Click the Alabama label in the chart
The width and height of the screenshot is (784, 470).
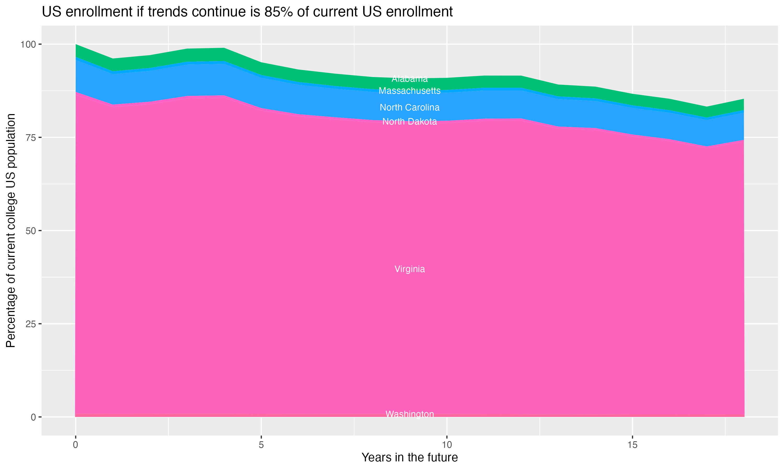pos(410,79)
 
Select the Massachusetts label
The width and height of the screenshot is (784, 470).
pos(410,91)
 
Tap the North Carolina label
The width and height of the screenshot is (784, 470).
pos(410,108)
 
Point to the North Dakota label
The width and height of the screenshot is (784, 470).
pos(410,122)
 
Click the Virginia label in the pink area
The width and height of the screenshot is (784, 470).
pos(410,269)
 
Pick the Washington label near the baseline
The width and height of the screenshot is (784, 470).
pos(410,414)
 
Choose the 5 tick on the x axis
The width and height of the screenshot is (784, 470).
pos(261,445)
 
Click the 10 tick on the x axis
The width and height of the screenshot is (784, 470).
pos(447,445)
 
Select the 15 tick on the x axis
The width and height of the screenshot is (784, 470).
pos(632,445)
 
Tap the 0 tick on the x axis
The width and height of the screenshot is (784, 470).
pos(76,445)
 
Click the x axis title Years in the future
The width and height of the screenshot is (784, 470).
pos(410,458)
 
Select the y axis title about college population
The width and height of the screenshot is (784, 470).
pos(11,231)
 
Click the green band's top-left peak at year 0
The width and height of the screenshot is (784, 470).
pos(76,45)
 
